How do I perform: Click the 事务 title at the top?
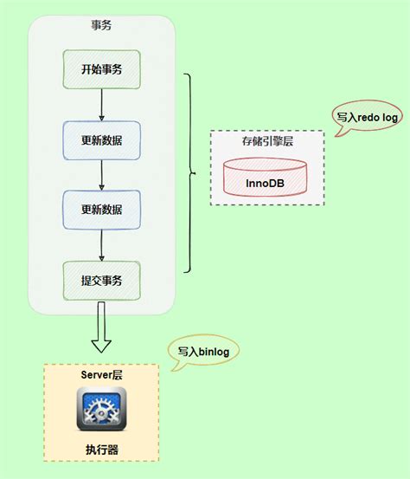click(101, 25)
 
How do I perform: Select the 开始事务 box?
click(101, 68)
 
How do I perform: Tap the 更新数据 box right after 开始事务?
click(101, 139)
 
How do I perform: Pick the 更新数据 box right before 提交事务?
click(101, 209)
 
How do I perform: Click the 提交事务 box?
click(101, 280)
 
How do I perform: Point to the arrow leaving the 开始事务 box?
click(101, 103)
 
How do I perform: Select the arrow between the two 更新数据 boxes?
click(101, 173)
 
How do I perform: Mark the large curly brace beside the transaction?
click(190, 172)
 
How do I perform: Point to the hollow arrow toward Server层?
click(101, 333)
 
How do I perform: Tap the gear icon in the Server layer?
click(101, 408)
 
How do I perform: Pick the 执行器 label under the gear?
click(101, 450)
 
